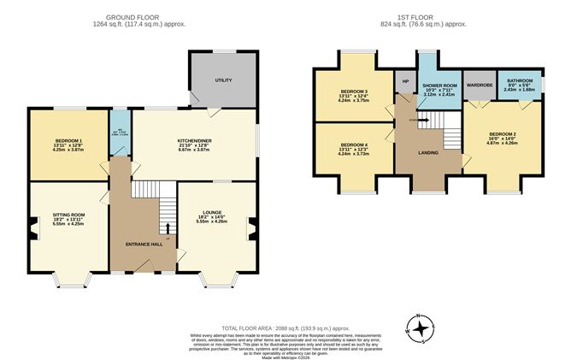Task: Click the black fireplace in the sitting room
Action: tap(32, 226)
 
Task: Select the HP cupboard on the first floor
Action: tap(404, 83)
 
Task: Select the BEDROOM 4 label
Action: tap(352, 145)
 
